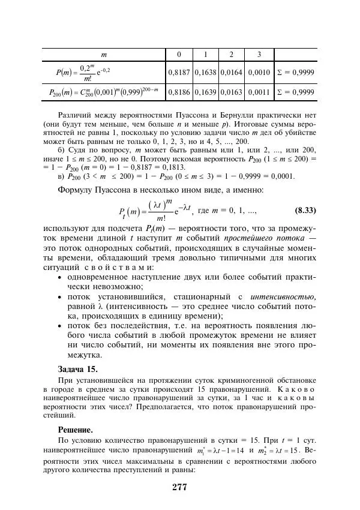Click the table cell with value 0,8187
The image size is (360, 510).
pos(179,73)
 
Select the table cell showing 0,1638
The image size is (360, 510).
pos(205,73)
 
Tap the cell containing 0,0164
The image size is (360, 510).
pos(232,73)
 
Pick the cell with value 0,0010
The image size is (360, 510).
pos(259,73)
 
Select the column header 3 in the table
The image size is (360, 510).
pos(259,55)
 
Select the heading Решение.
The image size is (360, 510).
pos(75,430)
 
